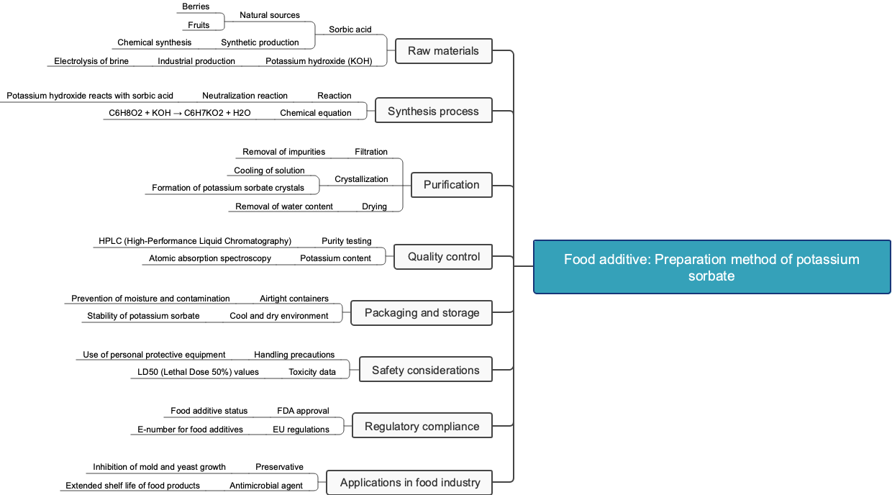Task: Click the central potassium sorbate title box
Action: click(x=711, y=267)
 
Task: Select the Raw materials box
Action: click(x=443, y=51)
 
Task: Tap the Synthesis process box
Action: click(x=433, y=111)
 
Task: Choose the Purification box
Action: click(x=451, y=185)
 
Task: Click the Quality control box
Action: click(x=443, y=257)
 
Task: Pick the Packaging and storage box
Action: click(x=422, y=313)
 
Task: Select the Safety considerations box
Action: click(x=425, y=371)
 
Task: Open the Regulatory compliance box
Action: click(x=422, y=427)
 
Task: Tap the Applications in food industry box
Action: click(x=409, y=483)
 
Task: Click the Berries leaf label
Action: click(x=196, y=6)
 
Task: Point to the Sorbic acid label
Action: click(x=350, y=29)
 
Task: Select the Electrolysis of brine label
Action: click(x=91, y=61)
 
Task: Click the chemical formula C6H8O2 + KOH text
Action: click(x=180, y=113)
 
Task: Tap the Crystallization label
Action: click(x=361, y=179)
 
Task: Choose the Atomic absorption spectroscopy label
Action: click(x=210, y=258)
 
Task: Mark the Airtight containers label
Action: click(x=293, y=299)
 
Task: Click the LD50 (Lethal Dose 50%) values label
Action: click(x=198, y=372)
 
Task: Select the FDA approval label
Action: click(x=303, y=411)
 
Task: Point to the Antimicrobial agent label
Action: click(x=266, y=486)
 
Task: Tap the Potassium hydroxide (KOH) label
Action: click(x=319, y=61)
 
